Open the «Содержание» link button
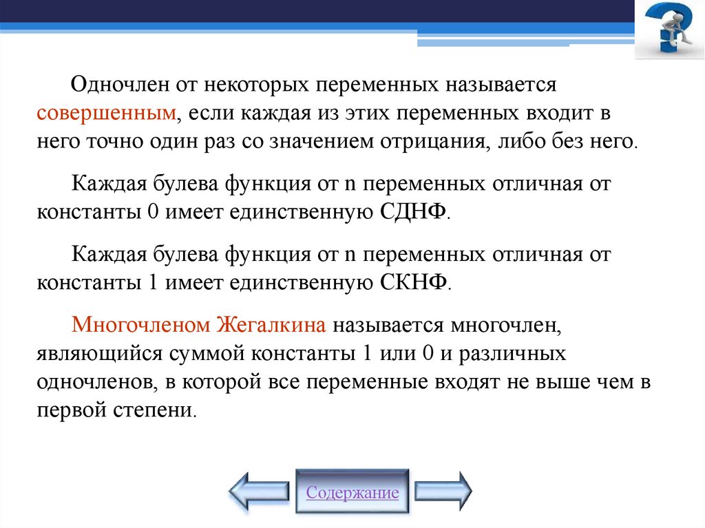point(352,493)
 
